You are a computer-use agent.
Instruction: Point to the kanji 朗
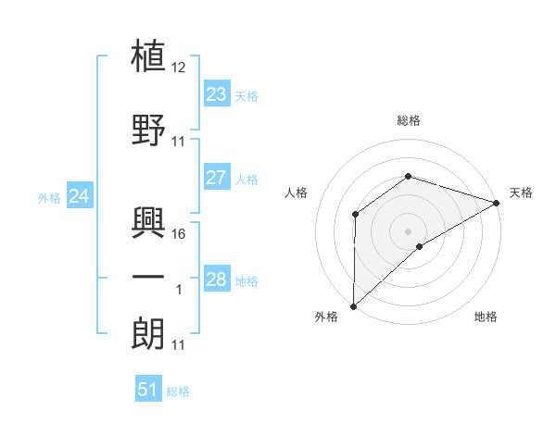149,332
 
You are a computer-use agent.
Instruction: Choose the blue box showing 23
216,94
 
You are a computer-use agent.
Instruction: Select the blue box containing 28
216,280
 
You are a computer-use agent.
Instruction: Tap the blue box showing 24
80,196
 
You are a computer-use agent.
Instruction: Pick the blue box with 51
148,390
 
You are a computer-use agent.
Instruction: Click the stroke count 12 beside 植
179,68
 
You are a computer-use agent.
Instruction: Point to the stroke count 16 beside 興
179,233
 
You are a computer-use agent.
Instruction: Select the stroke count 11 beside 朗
179,345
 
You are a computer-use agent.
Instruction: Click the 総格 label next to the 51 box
178,391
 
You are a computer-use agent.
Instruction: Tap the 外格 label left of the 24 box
49,198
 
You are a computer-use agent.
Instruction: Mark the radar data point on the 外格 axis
353,305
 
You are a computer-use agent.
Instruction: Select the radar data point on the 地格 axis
420,246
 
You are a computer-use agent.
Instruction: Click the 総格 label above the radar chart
408,120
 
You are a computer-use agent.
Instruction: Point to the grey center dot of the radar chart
408,230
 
